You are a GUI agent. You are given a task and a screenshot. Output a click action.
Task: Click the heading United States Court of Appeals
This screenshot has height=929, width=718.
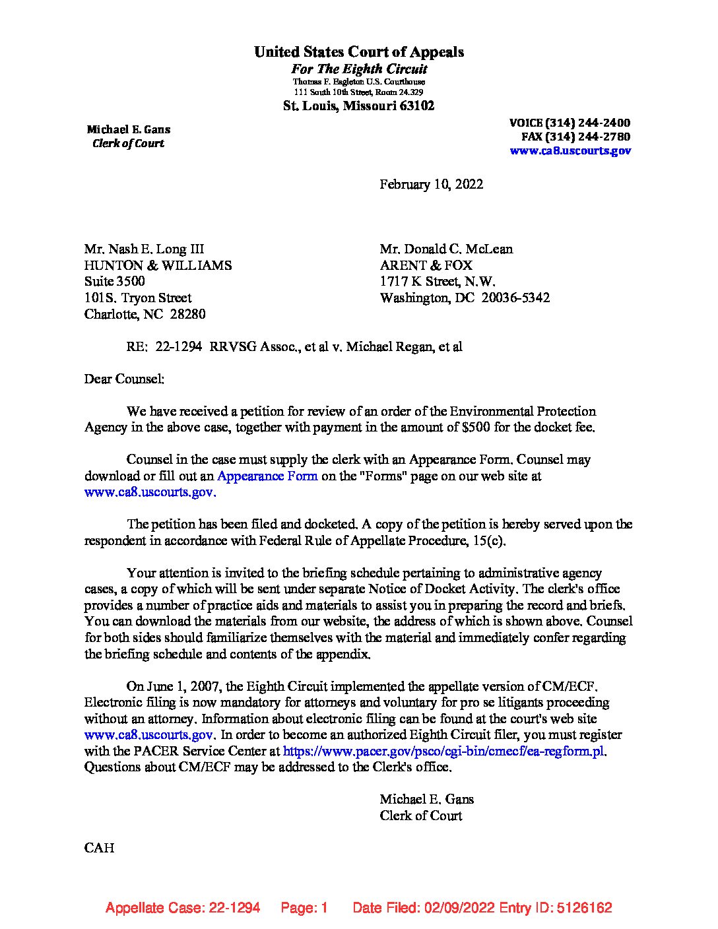[x=358, y=52]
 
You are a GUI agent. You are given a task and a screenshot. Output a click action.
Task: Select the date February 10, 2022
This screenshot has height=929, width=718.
[x=431, y=184]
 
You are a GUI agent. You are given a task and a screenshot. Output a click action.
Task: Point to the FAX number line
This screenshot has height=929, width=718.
[x=575, y=137]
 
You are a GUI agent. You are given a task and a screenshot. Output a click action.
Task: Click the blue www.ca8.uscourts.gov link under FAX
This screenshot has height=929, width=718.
[x=570, y=150]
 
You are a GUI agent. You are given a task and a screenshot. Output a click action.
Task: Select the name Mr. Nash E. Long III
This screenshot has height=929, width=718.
[x=144, y=249]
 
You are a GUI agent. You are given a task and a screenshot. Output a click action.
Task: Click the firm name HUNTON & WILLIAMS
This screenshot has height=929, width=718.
[x=158, y=265]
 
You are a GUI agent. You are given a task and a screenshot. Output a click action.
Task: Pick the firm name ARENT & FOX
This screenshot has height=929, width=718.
[x=426, y=265]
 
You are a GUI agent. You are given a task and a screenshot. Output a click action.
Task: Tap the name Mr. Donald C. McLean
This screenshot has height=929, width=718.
[x=446, y=249]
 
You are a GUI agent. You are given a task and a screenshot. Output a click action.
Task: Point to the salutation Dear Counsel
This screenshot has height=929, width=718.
[x=124, y=379]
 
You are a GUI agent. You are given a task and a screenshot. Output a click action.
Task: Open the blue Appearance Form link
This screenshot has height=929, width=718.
[x=267, y=476]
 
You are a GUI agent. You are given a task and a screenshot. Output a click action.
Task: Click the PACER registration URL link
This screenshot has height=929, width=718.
[x=444, y=751]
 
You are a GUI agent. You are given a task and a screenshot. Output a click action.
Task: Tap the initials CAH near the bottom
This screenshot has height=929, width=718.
[x=99, y=848]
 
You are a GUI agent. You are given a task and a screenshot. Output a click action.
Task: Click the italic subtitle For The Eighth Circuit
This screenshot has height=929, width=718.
[x=359, y=69]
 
